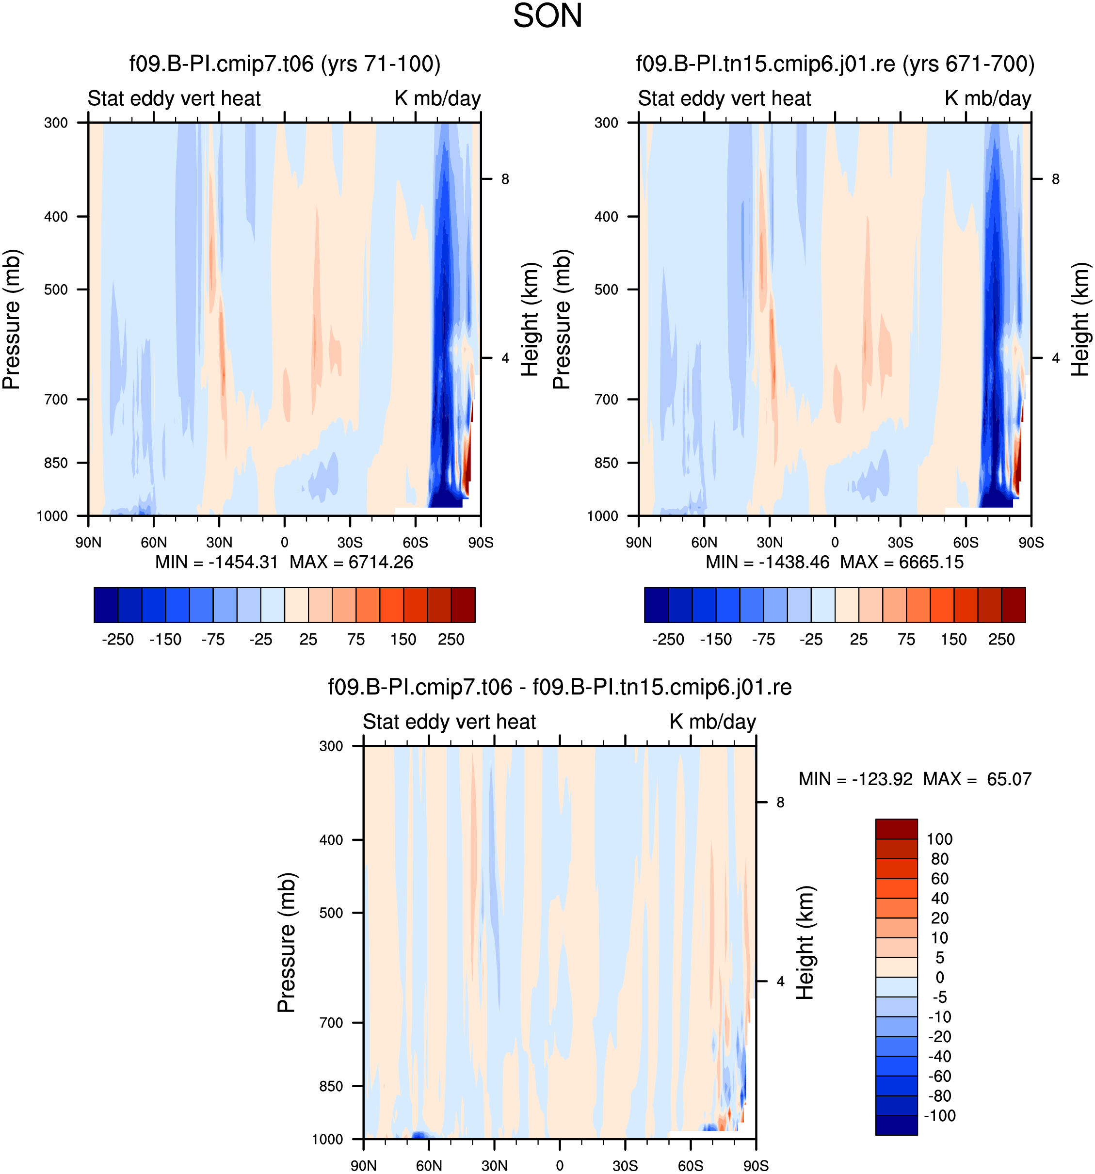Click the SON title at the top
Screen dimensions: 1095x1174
pos(547,16)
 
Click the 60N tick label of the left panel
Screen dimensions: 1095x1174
pos(154,542)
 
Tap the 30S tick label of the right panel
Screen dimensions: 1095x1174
pos(900,542)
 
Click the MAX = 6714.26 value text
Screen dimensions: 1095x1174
pos(352,562)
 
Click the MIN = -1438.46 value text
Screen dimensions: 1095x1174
pos(767,562)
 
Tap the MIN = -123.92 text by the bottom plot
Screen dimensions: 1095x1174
pos(855,779)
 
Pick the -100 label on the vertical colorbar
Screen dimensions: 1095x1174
pos(939,1115)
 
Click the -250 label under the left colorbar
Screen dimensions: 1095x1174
pos(117,639)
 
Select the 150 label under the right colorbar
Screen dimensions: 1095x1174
pos(953,639)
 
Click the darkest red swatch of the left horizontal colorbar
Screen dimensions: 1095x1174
pos(463,605)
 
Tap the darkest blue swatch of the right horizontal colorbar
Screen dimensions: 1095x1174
pos(656,605)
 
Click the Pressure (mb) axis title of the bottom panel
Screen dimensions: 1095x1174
pos(287,943)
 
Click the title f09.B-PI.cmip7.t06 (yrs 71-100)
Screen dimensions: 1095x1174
pos(285,64)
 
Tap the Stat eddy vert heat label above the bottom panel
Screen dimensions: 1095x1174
pos(449,722)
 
